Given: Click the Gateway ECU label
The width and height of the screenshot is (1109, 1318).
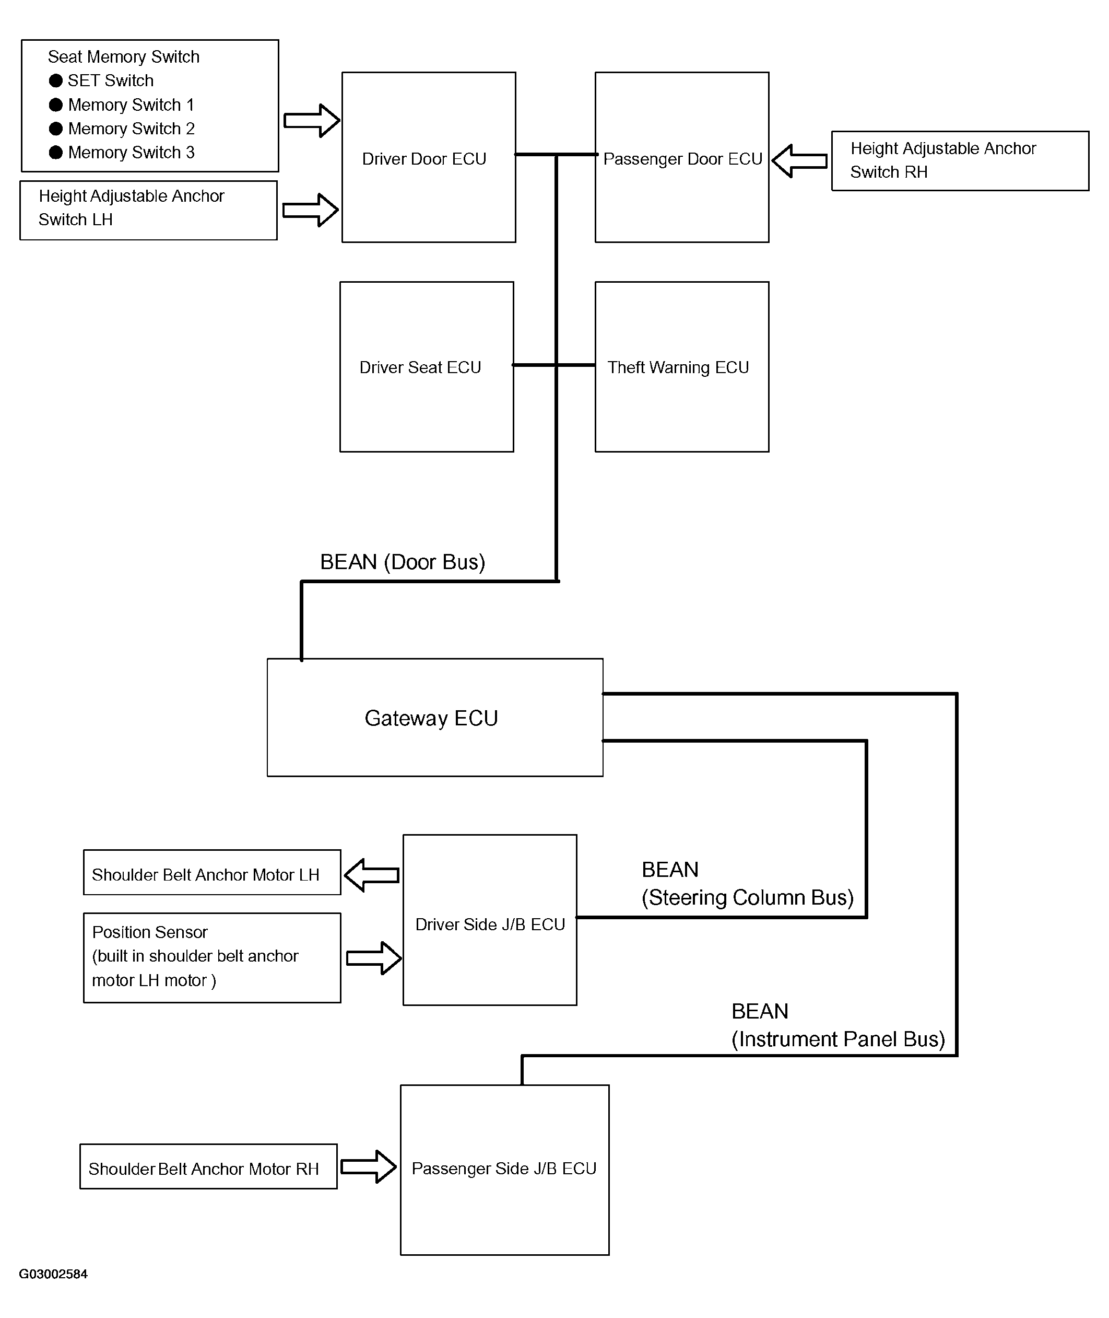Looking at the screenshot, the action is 431,718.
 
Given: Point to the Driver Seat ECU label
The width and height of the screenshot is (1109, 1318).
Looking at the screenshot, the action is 420,367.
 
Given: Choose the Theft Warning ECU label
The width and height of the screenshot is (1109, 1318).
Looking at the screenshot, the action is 678,367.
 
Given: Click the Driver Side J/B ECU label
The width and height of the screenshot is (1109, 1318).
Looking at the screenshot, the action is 490,924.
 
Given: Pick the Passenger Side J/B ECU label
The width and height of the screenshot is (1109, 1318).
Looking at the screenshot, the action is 504,1168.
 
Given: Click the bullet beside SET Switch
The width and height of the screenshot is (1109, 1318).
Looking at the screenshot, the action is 56,80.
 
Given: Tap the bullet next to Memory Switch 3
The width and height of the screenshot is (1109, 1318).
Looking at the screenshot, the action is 56,152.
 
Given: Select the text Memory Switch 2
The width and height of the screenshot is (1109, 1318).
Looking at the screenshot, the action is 132,129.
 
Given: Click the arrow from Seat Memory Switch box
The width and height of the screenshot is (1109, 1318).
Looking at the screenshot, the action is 312,120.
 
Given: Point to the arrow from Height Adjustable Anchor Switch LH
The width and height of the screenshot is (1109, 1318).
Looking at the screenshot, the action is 311,210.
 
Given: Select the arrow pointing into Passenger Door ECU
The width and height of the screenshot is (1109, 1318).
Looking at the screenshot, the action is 799,161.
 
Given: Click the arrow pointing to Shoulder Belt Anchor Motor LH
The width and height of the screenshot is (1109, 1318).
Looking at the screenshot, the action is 372,875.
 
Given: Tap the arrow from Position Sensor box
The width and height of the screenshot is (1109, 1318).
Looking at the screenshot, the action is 374,958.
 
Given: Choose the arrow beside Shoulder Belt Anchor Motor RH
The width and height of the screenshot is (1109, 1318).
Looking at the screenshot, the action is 369,1166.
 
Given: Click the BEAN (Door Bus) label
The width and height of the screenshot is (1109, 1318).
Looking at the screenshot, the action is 403,562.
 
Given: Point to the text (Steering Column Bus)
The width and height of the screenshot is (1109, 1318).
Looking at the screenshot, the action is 748,897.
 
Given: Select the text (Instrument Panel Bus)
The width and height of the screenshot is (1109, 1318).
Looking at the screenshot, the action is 838,1039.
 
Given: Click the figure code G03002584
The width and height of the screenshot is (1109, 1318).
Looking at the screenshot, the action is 53,1274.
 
